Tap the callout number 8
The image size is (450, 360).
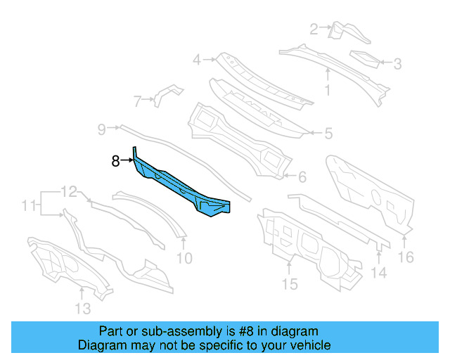pos(115,161)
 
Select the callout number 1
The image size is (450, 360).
pos(327,89)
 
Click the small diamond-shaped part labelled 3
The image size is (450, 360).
pos(364,58)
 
